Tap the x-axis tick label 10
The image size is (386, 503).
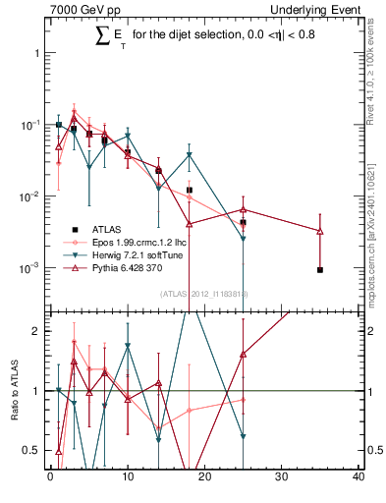click(x=128, y=477)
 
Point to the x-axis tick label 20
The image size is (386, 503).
click(x=204, y=477)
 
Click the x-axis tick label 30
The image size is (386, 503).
click(x=282, y=477)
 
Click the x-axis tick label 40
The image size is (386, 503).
click(x=359, y=477)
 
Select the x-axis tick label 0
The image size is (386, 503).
click(x=50, y=477)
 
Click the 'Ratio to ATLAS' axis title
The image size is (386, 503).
click(x=15, y=391)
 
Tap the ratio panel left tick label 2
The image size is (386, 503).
click(x=36, y=331)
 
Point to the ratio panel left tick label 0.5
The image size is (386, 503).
click(x=31, y=450)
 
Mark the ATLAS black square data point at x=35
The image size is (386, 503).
click(x=320, y=269)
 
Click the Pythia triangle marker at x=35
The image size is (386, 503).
click(x=320, y=231)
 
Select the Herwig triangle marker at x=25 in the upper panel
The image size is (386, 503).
click(x=243, y=239)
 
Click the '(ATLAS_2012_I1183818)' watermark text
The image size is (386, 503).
click(x=203, y=294)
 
